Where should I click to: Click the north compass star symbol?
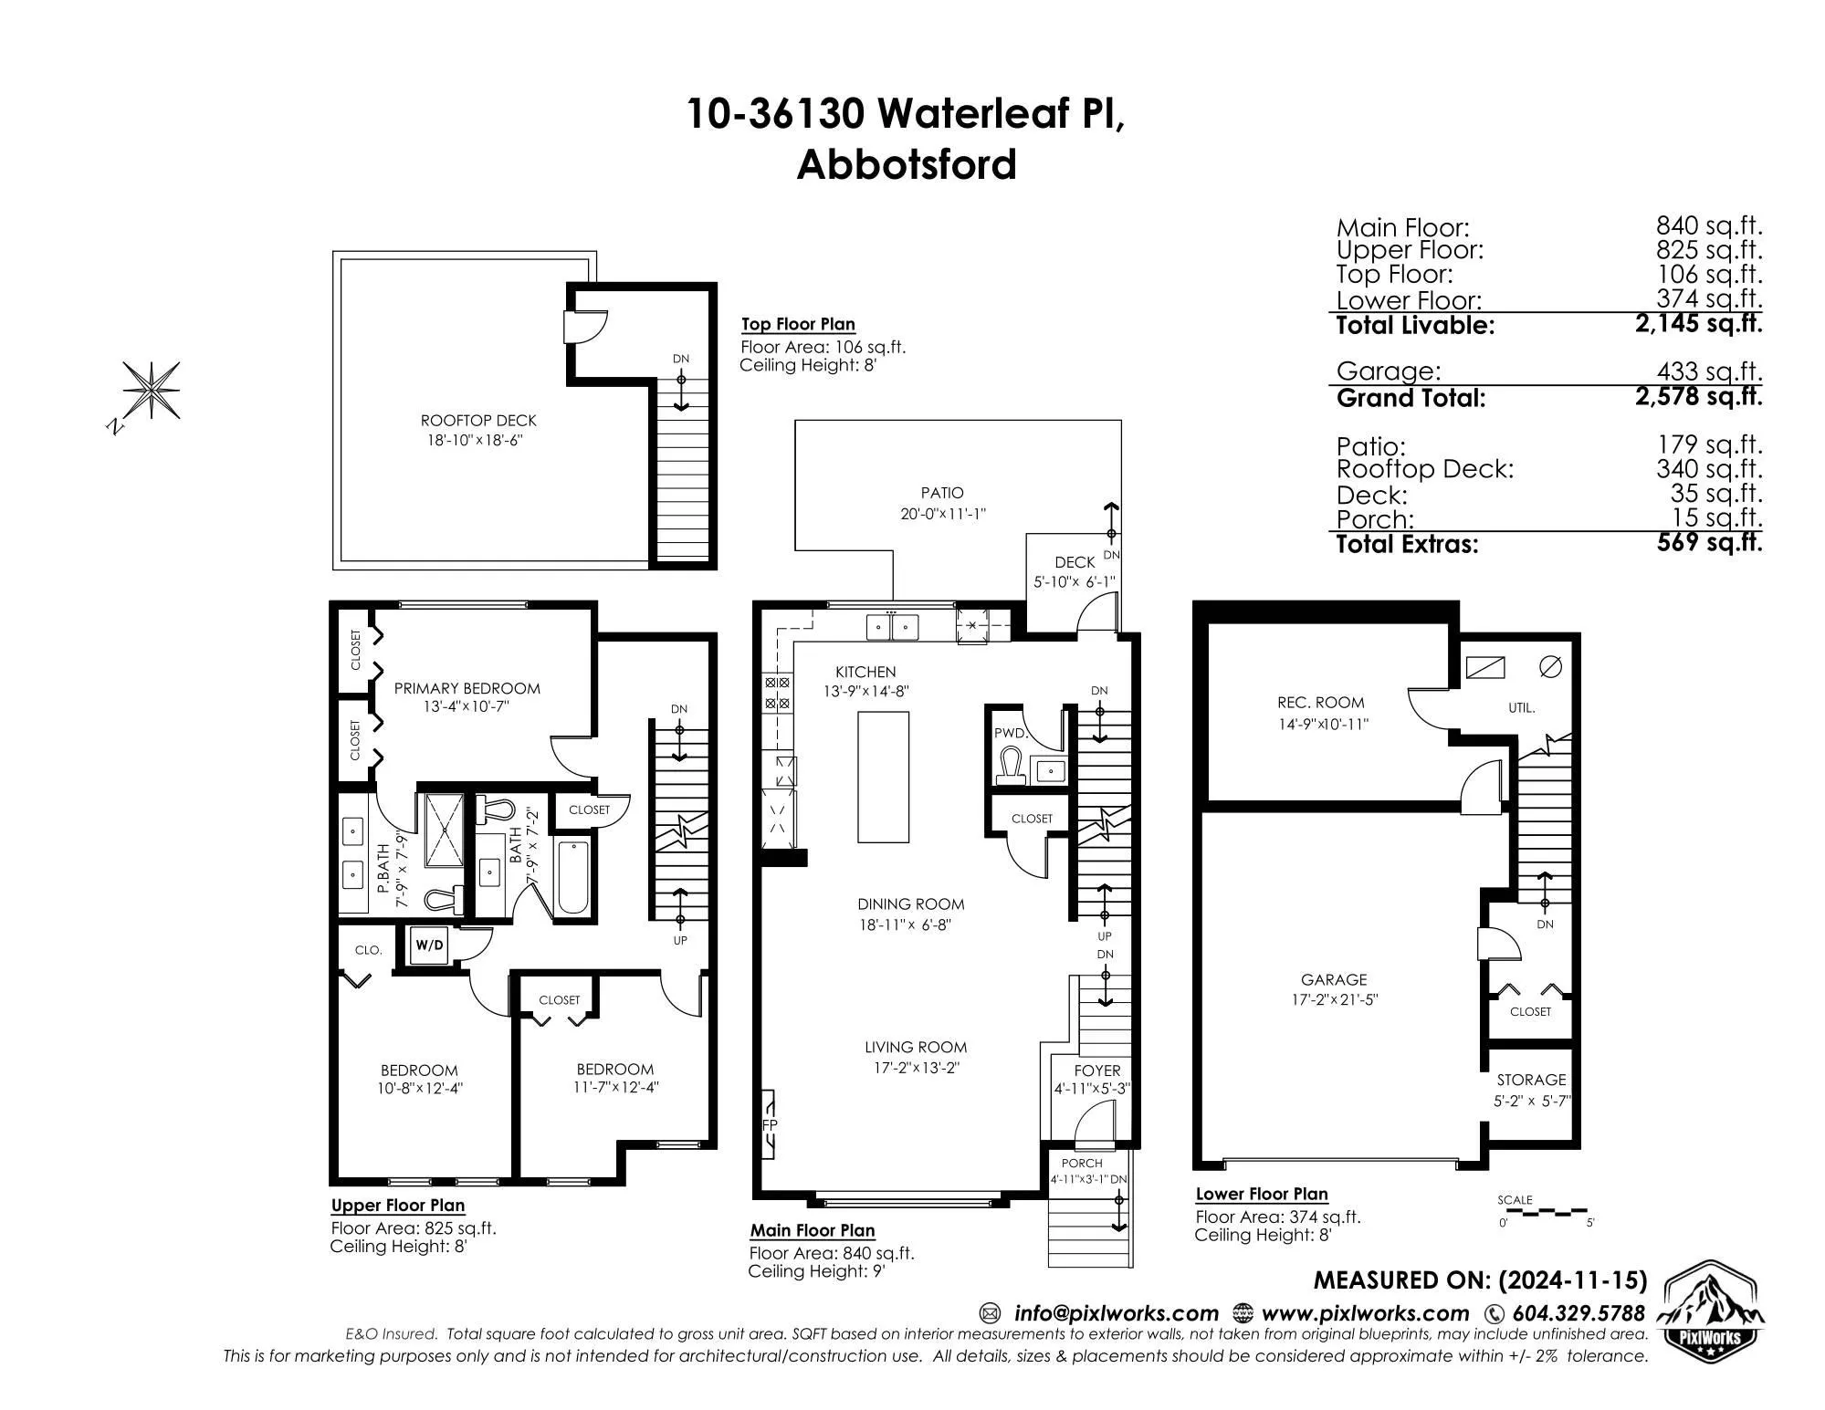[x=152, y=391]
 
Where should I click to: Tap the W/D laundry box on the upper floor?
[x=429, y=945]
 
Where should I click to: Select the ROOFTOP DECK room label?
[x=478, y=421]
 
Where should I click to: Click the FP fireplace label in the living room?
[x=770, y=1125]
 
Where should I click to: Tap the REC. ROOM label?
[x=1320, y=703]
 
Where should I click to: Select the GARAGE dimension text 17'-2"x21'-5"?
[x=1334, y=999]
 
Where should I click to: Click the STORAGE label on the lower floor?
[x=1531, y=1080]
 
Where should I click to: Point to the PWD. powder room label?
[x=1012, y=733]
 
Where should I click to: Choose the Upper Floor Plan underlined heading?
[x=398, y=1206]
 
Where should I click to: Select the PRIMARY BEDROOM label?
[x=467, y=689]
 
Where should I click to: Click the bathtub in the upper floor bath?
[x=573, y=877]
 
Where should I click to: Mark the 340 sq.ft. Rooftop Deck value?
[x=1709, y=469]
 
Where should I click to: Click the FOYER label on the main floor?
[x=1097, y=1071]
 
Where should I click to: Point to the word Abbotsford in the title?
[x=907, y=165]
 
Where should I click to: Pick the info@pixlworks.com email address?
[x=1117, y=1313]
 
